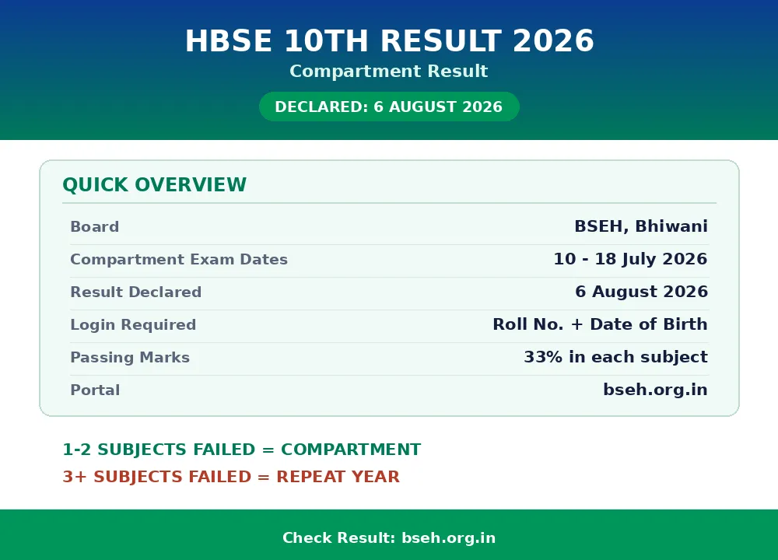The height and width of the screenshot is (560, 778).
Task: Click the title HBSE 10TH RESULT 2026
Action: [390, 40]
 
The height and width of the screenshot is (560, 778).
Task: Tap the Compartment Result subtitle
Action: [389, 71]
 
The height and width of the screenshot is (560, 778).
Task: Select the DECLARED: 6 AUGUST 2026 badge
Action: [389, 107]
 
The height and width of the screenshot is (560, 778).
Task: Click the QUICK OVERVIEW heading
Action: [154, 185]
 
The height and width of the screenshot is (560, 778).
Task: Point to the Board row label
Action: [95, 226]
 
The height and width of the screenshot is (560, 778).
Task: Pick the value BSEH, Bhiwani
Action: [641, 226]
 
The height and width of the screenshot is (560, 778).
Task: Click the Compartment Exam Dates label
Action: [179, 260]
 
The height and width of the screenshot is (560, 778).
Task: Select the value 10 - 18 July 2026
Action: [631, 259]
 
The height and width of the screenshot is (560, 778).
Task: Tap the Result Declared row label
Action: [136, 292]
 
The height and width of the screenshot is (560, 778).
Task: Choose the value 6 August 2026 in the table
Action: [642, 292]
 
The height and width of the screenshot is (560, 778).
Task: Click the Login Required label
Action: [134, 325]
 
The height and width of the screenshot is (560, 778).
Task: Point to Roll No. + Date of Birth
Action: [601, 324]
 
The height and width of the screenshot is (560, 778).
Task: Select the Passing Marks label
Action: [130, 358]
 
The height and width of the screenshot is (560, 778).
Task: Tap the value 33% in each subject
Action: [615, 357]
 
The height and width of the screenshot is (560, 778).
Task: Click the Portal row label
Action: [95, 390]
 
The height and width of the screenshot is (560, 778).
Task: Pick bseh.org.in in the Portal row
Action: [655, 390]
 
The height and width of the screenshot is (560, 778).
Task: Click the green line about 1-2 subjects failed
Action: [242, 450]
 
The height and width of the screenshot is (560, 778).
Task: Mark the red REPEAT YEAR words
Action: [338, 477]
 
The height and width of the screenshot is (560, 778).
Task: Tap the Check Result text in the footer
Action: [339, 537]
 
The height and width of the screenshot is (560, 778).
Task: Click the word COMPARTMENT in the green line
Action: [351, 450]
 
